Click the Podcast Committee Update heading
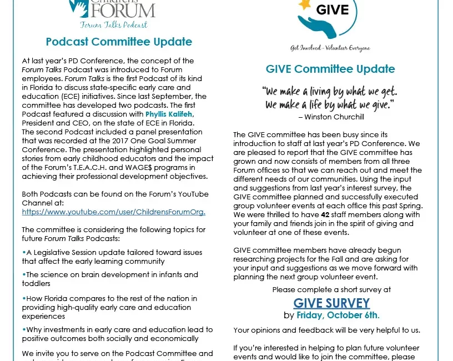(119, 42)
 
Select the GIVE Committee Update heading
(330, 69)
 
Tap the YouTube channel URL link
(114, 212)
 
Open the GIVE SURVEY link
(331, 303)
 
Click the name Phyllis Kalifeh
(170, 114)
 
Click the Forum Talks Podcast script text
(114, 25)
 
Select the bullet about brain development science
(110, 278)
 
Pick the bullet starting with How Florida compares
(110, 307)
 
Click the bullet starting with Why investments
(117, 334)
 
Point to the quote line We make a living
(331, 91)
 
